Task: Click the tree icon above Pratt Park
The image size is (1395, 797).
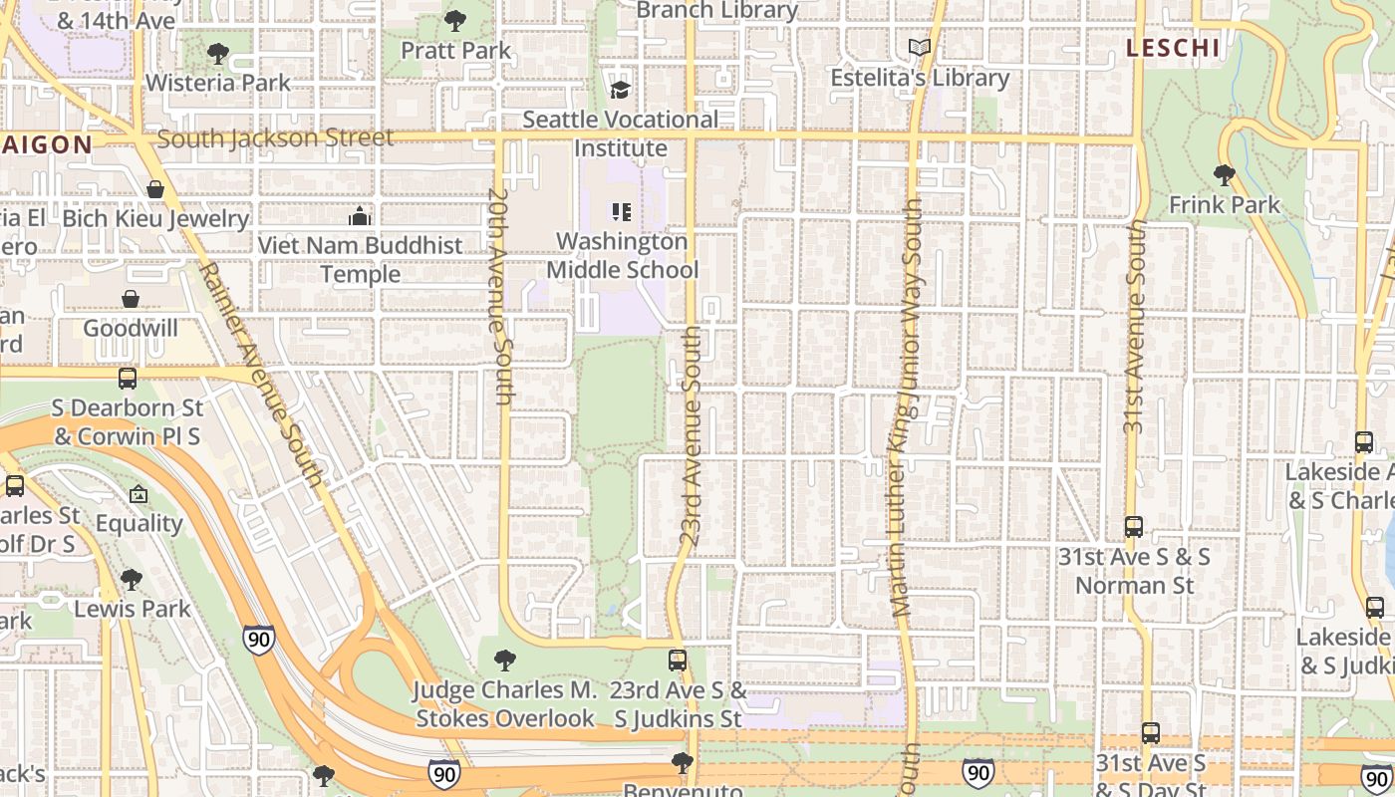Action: point(455,20)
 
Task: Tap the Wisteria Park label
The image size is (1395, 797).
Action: point(218,83)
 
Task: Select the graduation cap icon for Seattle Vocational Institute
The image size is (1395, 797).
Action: point(621,90)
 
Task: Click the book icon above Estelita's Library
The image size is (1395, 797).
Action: point(920,48)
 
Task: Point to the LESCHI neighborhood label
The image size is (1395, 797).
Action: point(1173,48)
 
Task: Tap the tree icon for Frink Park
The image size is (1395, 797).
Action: point(1225,175)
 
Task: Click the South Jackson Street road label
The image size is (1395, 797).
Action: point(275,138)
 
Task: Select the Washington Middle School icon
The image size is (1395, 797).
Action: point(622,212)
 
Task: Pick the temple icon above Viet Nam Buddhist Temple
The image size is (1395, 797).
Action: point(360,216)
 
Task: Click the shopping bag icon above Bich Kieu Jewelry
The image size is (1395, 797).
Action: point(155,189)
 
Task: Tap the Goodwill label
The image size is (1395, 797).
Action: point(131,329)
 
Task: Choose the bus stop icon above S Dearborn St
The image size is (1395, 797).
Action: point(128,379)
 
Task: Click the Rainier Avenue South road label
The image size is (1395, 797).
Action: point(262,376)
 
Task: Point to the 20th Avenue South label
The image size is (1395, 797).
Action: point(501,297)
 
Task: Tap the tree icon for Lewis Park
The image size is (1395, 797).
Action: point(131,580)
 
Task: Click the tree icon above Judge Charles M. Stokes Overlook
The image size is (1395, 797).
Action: point(505,660)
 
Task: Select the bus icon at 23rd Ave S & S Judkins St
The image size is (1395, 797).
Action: point(678,660)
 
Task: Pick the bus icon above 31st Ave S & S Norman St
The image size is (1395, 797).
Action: point(1134,527)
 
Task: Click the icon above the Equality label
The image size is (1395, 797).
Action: point(139,494)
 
